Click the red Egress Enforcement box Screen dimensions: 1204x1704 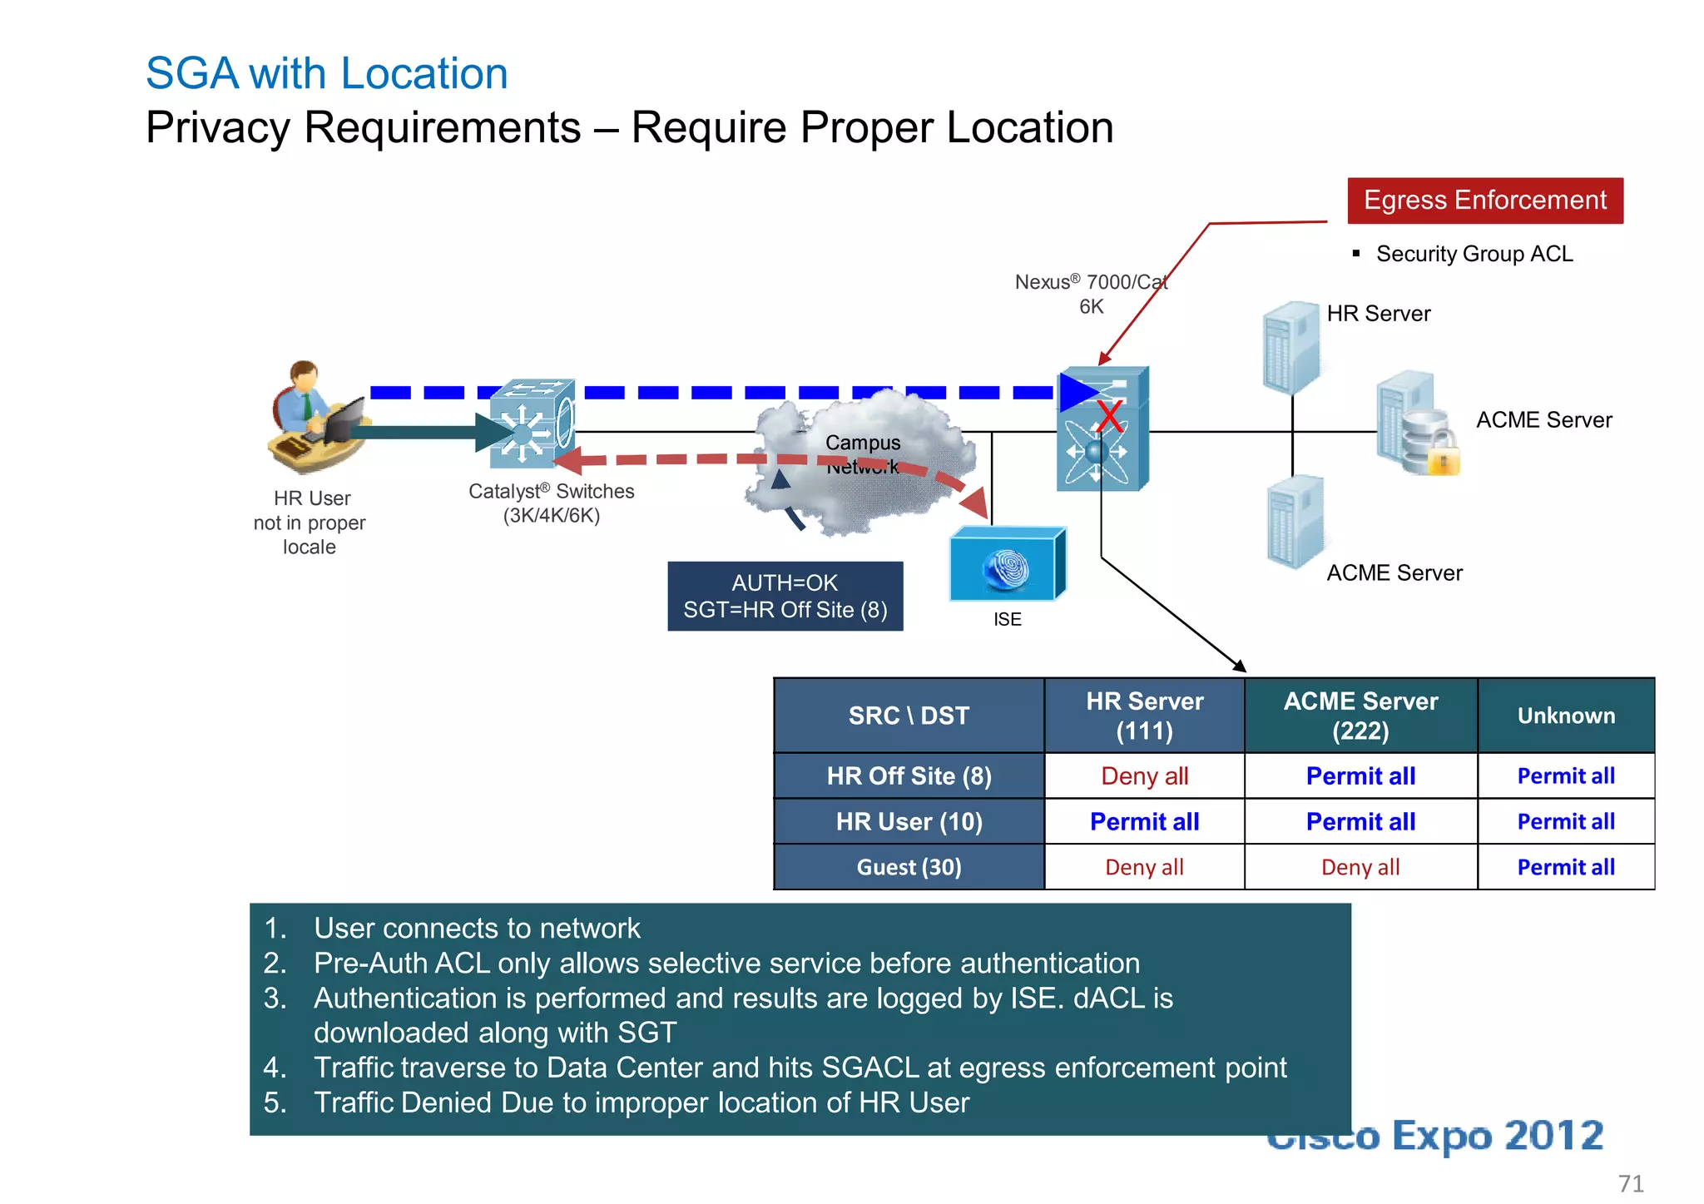pos(1484,201)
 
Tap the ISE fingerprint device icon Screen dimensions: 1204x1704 pos(1007,565)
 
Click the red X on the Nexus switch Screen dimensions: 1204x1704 pos(1109,416)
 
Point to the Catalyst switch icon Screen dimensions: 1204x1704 pos(531,424)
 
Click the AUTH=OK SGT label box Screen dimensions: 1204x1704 pos(785,597)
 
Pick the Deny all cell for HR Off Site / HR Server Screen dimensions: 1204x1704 pos(1144,776)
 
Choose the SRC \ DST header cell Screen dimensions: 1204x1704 pos(909,716)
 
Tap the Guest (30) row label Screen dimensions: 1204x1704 pos(909,867)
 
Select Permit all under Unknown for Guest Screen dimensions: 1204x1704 pos(1565,867)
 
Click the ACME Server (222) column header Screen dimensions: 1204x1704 pos(1360,716)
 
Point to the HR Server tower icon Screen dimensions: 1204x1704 pos(1290,348)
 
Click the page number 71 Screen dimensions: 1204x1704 pos(1630,1183)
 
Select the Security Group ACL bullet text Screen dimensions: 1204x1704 pos(1474,254)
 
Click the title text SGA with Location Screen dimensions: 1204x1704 pos(326,73)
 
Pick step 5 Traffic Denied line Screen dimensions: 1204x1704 pos(641,1102)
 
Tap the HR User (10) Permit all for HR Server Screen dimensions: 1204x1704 pos(1144,822)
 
